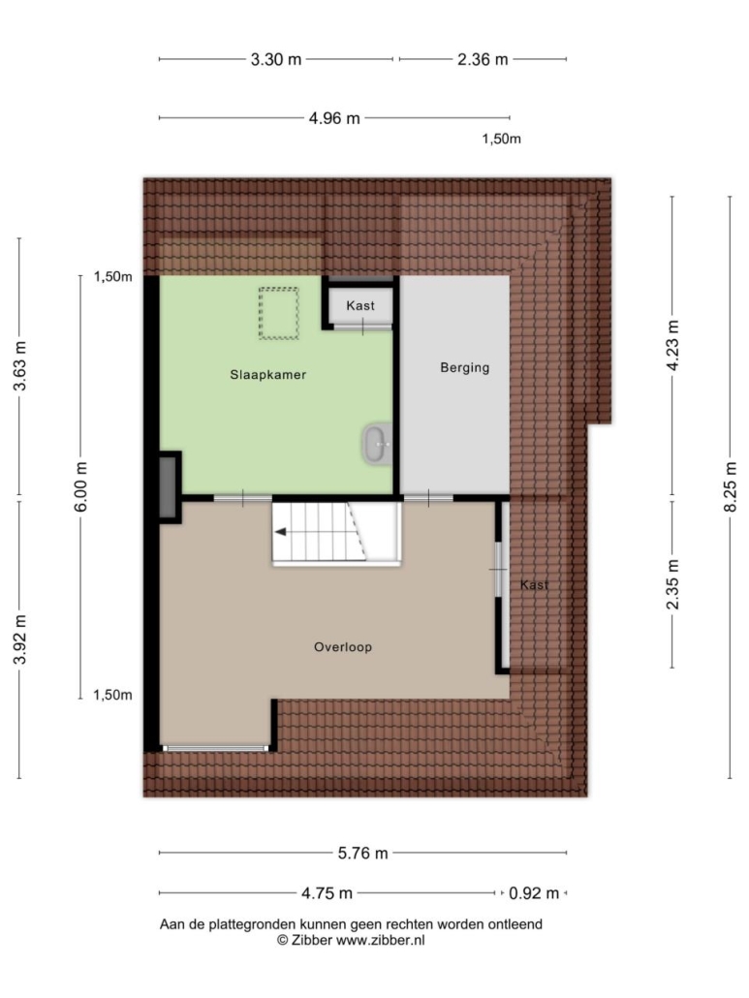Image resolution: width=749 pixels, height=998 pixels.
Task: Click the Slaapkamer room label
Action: pyautogui.click(x=267, y=375)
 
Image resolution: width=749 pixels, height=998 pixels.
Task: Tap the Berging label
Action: pyautogui.click(x=464, y=367)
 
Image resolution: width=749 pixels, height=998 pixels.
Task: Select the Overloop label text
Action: pyautogui.click(x=342, y=647)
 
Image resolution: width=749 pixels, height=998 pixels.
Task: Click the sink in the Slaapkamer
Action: pyautogui.click(x=377, y=443)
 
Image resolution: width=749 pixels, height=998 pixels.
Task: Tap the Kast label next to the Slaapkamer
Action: pyautogui.click(x=360, y=305)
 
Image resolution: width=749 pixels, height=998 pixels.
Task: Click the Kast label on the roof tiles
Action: pyautogui.click(x=534, y=585)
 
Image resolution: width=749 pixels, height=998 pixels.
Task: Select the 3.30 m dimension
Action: pyautogui.click(x=275, y=60)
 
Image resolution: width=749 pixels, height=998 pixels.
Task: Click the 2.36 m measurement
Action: pyautogui.click(x=483, y=60)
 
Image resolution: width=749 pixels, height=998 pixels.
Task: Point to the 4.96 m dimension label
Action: pyautogui.click(x=334, y=118)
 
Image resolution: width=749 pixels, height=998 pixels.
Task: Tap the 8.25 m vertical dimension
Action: pyautogui.click(x=731, y=486)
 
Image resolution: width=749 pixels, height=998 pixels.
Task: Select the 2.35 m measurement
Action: pyautogui.click(x=672, y=584)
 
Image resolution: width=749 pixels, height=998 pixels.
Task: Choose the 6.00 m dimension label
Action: pyautogui.click(x=81, y=486)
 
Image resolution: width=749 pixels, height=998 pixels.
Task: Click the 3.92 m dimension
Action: pyautogui.click(x=20, y=639)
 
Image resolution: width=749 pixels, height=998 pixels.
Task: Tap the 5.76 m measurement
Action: pyautogui.click(x=362, y=854)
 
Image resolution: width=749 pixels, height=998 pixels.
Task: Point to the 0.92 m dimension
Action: pyautogui.click(x=534, y=893)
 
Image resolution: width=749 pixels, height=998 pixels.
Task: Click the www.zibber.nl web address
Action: pyautogui.click(x=380, y=941)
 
